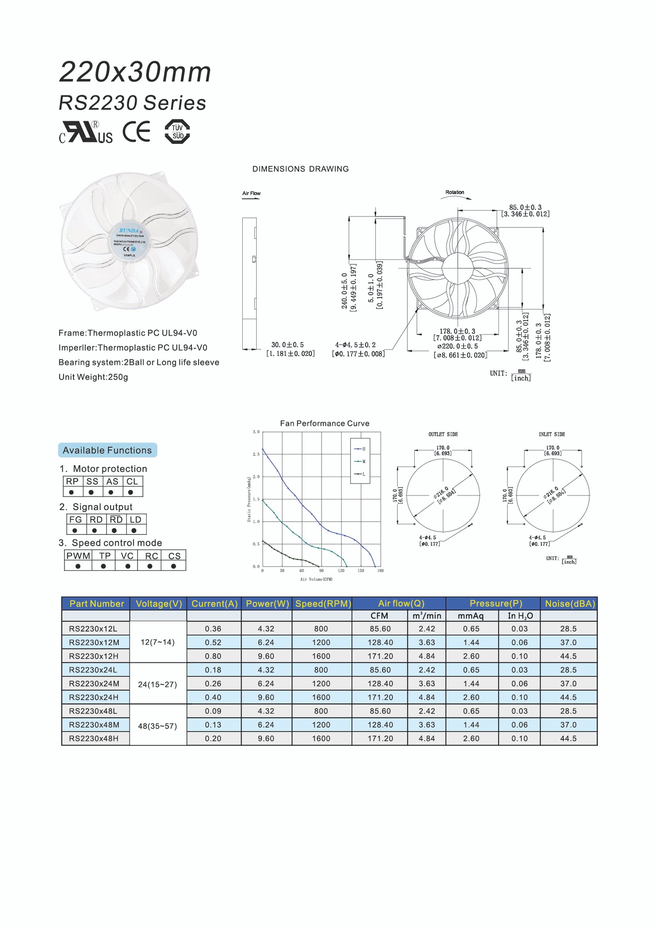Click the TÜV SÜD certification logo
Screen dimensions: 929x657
(x=177, y=131)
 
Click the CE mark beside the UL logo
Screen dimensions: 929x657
(x=137, y=131)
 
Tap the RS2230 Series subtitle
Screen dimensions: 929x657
(x=132, y=103)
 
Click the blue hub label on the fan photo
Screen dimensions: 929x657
(x=130, y=243)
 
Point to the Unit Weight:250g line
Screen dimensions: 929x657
(x=93, y=377)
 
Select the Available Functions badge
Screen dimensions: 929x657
(x=107, y=450)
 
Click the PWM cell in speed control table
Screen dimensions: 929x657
(x=78, y=556)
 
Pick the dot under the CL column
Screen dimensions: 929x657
(x=131, y=492)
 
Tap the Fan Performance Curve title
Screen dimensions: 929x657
(x=324, y=423)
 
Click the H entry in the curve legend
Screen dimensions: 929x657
(x=363, y=449)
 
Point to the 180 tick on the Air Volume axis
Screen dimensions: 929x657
(x=380, y=571)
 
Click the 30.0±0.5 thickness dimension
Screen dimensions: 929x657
(x=287, y=345)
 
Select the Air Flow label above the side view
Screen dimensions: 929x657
(x=251, y=193)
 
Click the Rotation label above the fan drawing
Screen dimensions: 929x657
(x=455, y=192)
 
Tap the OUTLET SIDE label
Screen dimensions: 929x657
(x=443, y=434)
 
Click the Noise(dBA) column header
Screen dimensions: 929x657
(x=570, y=603)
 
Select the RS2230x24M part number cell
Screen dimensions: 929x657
(x=94, y=684)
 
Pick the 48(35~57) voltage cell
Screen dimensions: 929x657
(x=157, y=726)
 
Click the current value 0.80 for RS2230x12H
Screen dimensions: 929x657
(x=213, y=656)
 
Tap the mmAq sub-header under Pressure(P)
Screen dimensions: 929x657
(x=471, y=616)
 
